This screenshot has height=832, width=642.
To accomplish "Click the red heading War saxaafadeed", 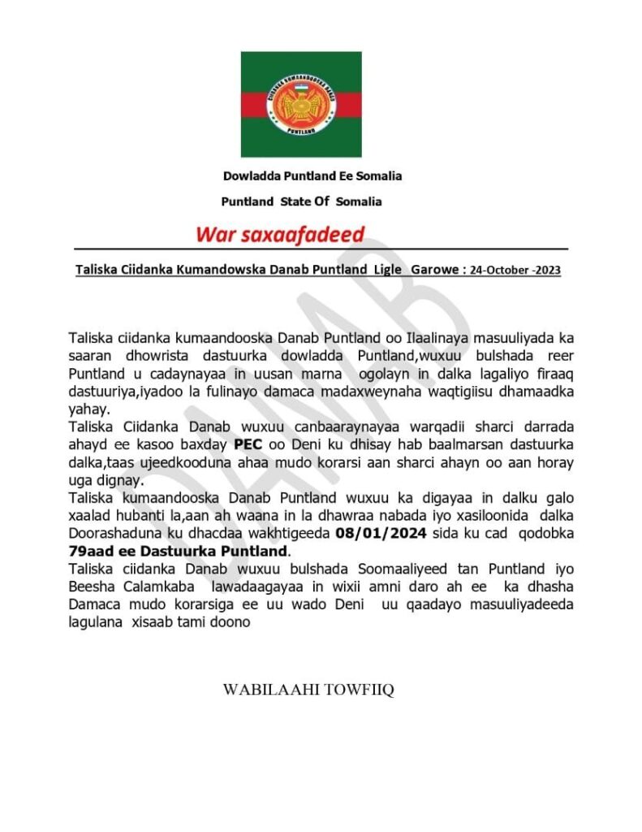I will (280, 235).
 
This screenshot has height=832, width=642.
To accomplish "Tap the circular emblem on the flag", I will (301, 104).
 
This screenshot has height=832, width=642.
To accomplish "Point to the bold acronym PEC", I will (248, 444).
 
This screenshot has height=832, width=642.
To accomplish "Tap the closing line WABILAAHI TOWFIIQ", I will (308, 690).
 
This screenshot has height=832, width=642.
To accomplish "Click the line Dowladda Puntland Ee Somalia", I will (312, 175).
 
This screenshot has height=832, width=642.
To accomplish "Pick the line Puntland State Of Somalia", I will (301, 201).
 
